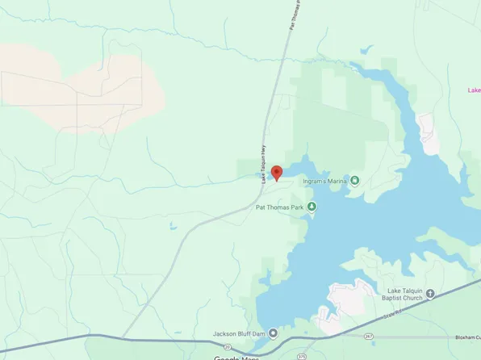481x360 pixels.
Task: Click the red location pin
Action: click(x=276, y=172)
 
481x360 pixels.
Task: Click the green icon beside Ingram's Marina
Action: click(x=354, y=180)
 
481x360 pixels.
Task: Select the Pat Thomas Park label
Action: click(x=279, y=207)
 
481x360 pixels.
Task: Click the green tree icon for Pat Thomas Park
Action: click(x=312, y=207)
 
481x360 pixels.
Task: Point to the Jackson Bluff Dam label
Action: click(x=239, y=333)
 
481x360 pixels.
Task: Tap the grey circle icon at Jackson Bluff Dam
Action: click(x=273, y=333)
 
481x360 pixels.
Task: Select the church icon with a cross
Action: click(x=430, y=294)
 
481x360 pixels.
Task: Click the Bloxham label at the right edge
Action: click(x=467, y=337)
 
